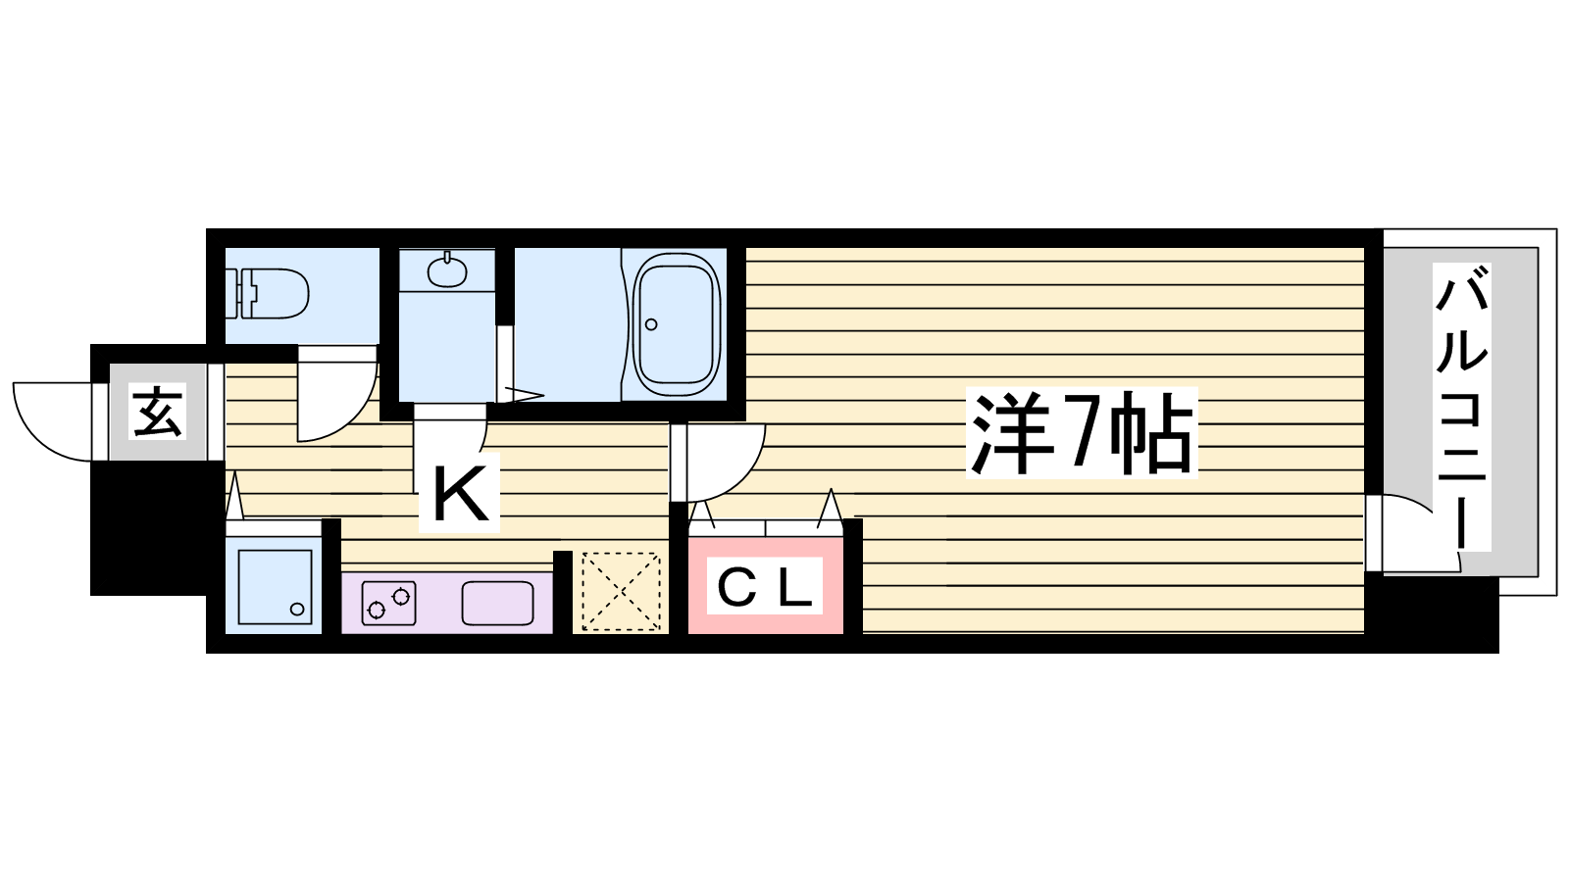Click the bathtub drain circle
[x=651, y=324]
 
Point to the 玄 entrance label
[x=158, y=412]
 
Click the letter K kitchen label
[x=460, y=494]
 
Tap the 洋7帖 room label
[x=1082, y=433]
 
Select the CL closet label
[x=764, y=587]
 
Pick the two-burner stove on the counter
[x=388, y=604]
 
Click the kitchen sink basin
[x=497, y=604]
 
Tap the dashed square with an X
[x=621, y=592]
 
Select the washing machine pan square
[x=275, y=587]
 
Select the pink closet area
[x=765, y=585]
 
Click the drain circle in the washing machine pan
[x=298, y=609]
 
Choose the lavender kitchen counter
[x=447, y=603]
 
